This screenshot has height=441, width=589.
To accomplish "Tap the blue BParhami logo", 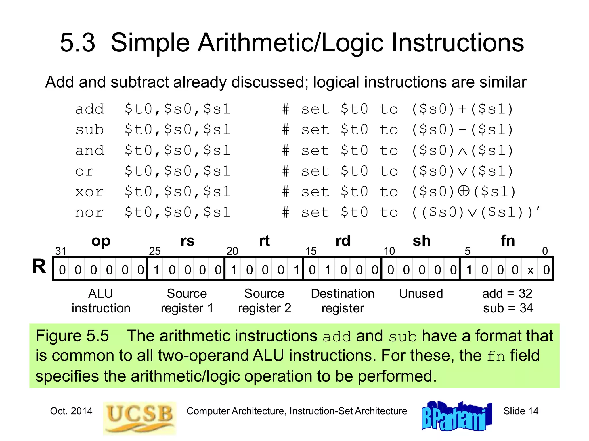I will pos(456,416).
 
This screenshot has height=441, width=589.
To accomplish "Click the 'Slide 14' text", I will pos(521,411).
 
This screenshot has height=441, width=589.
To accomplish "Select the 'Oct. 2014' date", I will pos(71,411).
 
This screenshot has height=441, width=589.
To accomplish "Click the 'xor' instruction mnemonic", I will pos(89,192).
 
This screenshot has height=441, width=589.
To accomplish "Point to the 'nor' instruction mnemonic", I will pos(89,212).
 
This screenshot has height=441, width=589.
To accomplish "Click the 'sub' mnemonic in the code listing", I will pos(89,130).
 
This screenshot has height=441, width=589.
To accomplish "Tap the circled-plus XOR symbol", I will pos(463,191).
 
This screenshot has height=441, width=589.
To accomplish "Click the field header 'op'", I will pos(101,241).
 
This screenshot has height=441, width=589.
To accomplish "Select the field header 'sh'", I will pos(421,241).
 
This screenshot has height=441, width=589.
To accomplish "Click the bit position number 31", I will pos(60,251).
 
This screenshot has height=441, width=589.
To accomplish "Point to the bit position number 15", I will pos(311,251).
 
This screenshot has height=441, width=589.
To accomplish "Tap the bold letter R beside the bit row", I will pos(39,266).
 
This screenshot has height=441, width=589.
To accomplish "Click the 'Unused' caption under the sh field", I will pos(421,293).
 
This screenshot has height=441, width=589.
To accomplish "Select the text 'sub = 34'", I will pos(508,308).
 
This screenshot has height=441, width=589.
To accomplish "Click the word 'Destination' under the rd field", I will pos(343,293).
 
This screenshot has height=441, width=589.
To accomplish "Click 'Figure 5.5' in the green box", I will pos(72,336).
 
